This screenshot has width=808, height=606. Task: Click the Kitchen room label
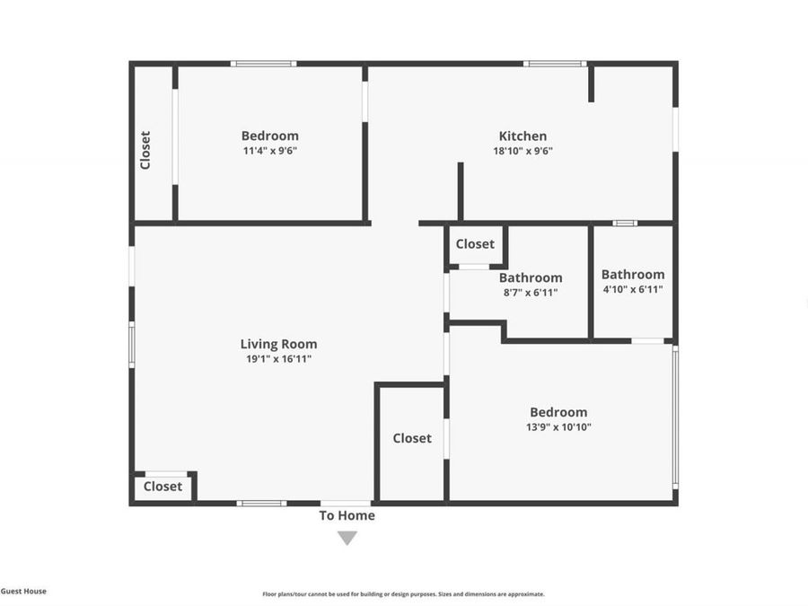(523, 136)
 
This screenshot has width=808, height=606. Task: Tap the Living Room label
(278, 344)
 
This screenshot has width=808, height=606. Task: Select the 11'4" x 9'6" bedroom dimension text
(269, 151)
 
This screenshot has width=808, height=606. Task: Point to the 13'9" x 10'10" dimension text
(558, 427)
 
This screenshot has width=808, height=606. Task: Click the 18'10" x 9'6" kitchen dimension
(523, 151)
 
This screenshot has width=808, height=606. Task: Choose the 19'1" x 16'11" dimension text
(278, 358)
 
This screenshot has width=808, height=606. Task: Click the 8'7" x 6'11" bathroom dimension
(531, 292)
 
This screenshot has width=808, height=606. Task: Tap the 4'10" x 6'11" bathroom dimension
(633, 289)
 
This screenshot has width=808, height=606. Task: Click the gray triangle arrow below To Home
(347, 538)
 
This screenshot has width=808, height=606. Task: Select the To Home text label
(347, 515)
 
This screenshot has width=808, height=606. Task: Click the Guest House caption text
(23, 591)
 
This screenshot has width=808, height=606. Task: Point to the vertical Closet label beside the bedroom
(145, 150)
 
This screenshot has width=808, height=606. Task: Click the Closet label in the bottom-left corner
(162, 487)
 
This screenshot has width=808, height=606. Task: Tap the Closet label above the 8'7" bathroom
(475, 244)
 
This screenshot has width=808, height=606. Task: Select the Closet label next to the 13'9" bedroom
(412, 438)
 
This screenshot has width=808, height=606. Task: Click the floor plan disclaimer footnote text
(403, 593)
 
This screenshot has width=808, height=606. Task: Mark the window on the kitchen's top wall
(555, 64)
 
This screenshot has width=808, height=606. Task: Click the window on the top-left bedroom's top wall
(263, 64)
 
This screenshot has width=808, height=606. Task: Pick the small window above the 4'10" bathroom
(625, 223)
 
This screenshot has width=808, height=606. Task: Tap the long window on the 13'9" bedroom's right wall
(675, 416)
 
